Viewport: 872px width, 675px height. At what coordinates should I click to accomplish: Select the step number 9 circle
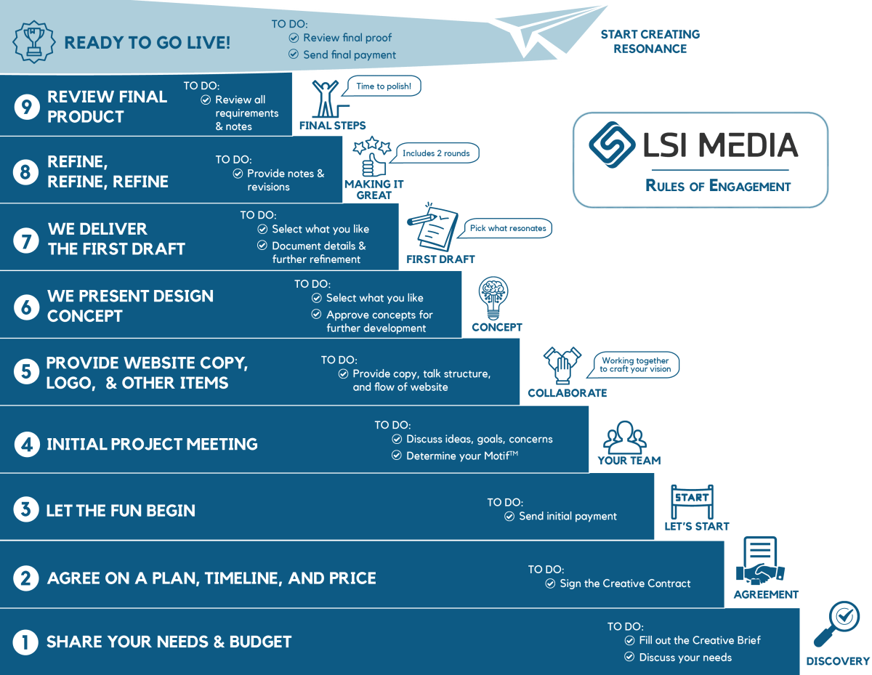coord(26,107)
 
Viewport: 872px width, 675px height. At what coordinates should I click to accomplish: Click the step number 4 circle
coord(26,444)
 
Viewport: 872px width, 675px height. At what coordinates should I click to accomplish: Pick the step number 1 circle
coord(25,642)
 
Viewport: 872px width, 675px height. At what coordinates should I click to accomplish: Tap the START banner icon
coord(692,501)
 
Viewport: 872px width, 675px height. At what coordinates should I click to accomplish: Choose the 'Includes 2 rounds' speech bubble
coord(436,153)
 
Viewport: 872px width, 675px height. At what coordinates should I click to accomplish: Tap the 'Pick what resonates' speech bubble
coord(508,228)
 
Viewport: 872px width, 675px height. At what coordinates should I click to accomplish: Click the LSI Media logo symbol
coord(613,145)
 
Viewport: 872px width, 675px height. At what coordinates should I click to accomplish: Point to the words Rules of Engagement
coord(717,186)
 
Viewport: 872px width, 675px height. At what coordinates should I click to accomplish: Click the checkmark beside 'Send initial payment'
coord(509,517)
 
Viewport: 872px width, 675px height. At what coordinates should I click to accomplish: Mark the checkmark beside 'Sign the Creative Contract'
coord(550,583)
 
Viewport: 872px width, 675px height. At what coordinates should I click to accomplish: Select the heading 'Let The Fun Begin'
coord(121,511)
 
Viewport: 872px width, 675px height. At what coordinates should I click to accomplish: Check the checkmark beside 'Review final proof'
coord(294,38)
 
